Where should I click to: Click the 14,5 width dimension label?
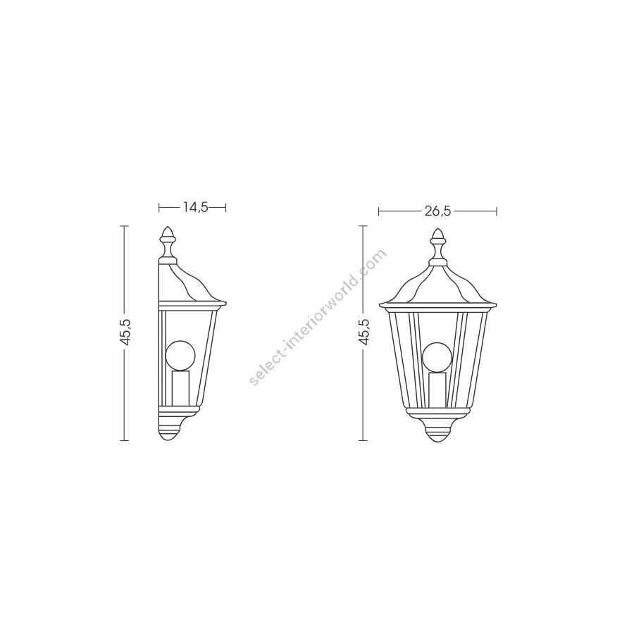click(x=195, y=207)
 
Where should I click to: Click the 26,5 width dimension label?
click(x=437, y=211)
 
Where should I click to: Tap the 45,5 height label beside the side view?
click(x=126, y=332)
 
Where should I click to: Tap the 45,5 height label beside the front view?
click(x=364, y=332)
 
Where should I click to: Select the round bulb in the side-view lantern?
click(x=180, y=356)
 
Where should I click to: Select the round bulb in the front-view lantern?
click(x=437, y=357)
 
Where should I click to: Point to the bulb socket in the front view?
click(x=437, y=389)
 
